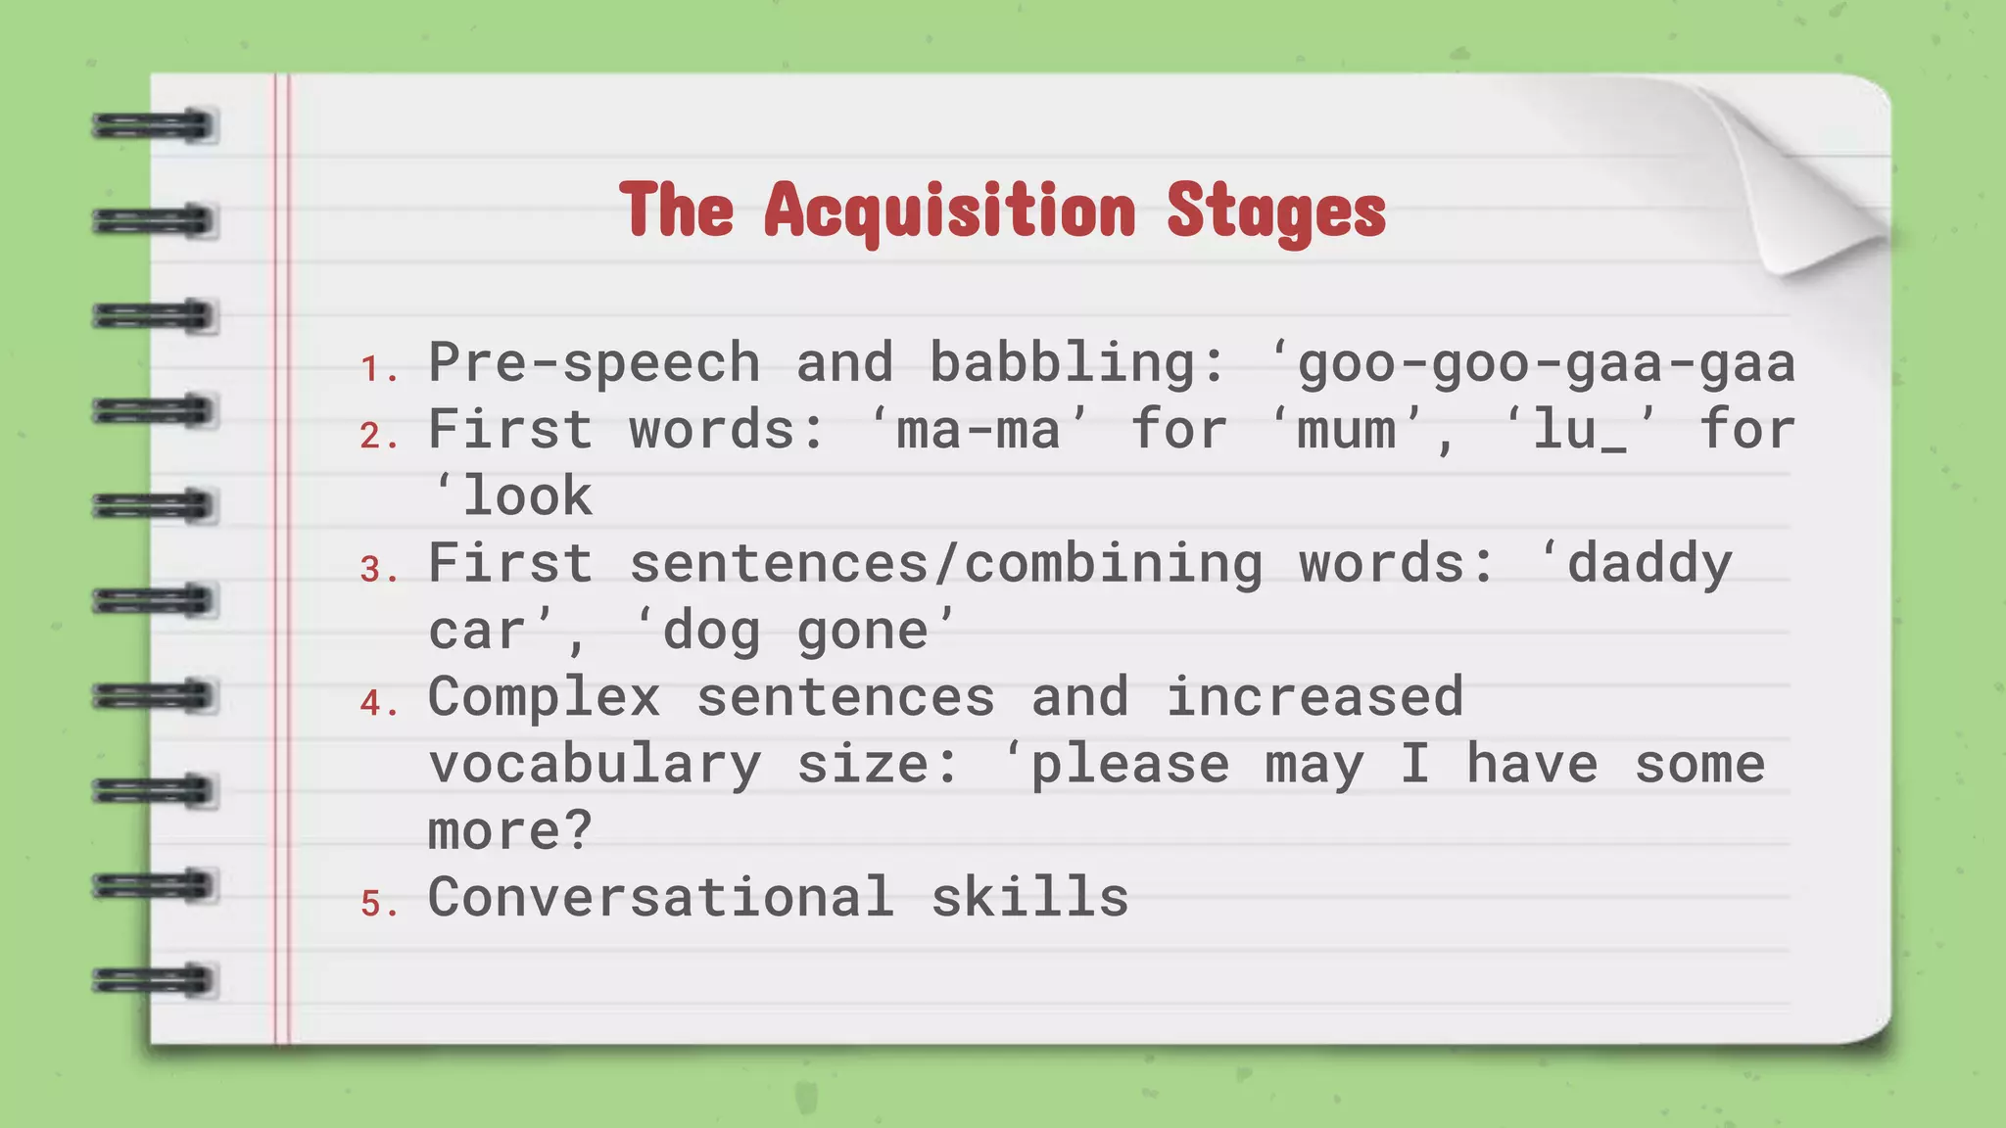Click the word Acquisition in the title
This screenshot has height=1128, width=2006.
tap(949, 211)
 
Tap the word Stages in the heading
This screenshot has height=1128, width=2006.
tap(1276, 211)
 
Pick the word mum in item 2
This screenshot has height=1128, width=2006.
tap(1347, 430)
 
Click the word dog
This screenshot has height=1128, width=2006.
tap(712, 631)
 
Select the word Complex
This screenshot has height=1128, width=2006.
tap(545, 697)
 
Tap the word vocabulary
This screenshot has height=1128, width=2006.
tap(595, 765)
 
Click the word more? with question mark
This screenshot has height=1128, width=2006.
tap(510, 831)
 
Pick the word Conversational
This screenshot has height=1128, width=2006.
tap(661, 897)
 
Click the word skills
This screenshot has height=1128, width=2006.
tap(1029, 897)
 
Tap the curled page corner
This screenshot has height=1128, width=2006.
tap(1802, 186)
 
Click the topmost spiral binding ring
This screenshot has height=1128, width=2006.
tap(155, 126)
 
